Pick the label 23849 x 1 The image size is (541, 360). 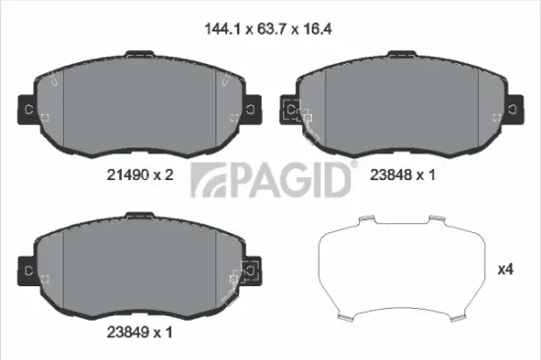133,331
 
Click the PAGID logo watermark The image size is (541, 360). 270,183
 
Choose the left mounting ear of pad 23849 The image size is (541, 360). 28,269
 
